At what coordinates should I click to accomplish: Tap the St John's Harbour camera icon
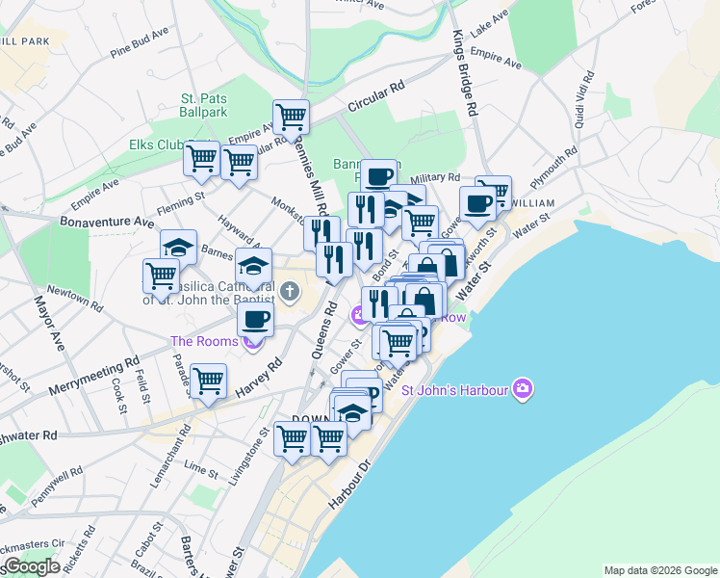pyautogui.click(x=523, y=389)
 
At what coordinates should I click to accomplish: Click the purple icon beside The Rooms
pyautogui.click(x=253, y=340)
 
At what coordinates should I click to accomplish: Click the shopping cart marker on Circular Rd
pyautogui.click(x=291, y=118)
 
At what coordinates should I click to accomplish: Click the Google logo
pyautogui.click(x=32, y=566)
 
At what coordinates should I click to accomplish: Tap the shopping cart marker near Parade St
pyautogui.click(x=208, y=381)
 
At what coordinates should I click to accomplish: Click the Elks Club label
pyautogui.click(x=156, y=145)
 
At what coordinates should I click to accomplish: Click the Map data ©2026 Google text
pyautogui.click(x=659, y=570)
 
